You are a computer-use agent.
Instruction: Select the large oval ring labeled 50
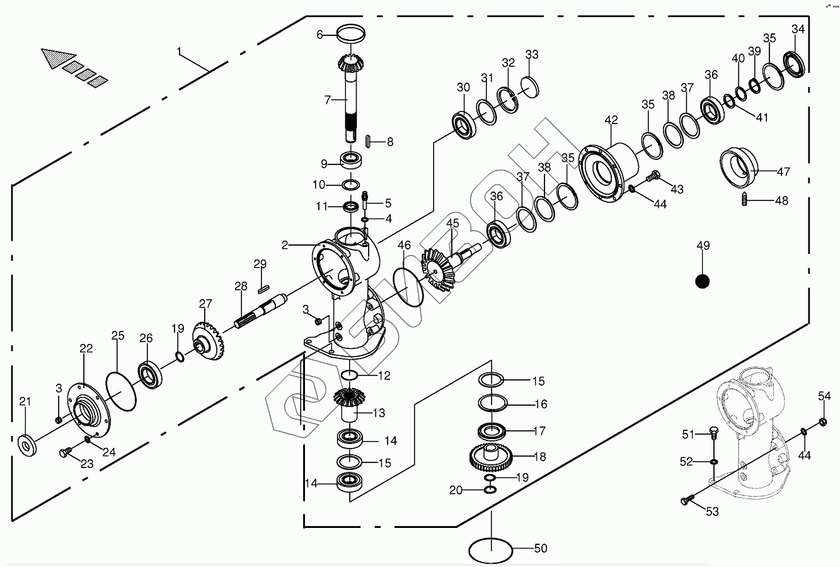point(490,549)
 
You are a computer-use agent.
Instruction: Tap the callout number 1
point(180,50)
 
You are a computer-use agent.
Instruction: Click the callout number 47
point(783,171)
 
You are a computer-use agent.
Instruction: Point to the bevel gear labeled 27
point(209,340)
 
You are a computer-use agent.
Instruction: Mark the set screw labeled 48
point(745,201)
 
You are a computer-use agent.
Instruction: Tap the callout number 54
point(824,396)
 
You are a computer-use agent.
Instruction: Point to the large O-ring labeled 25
point(121,391)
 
